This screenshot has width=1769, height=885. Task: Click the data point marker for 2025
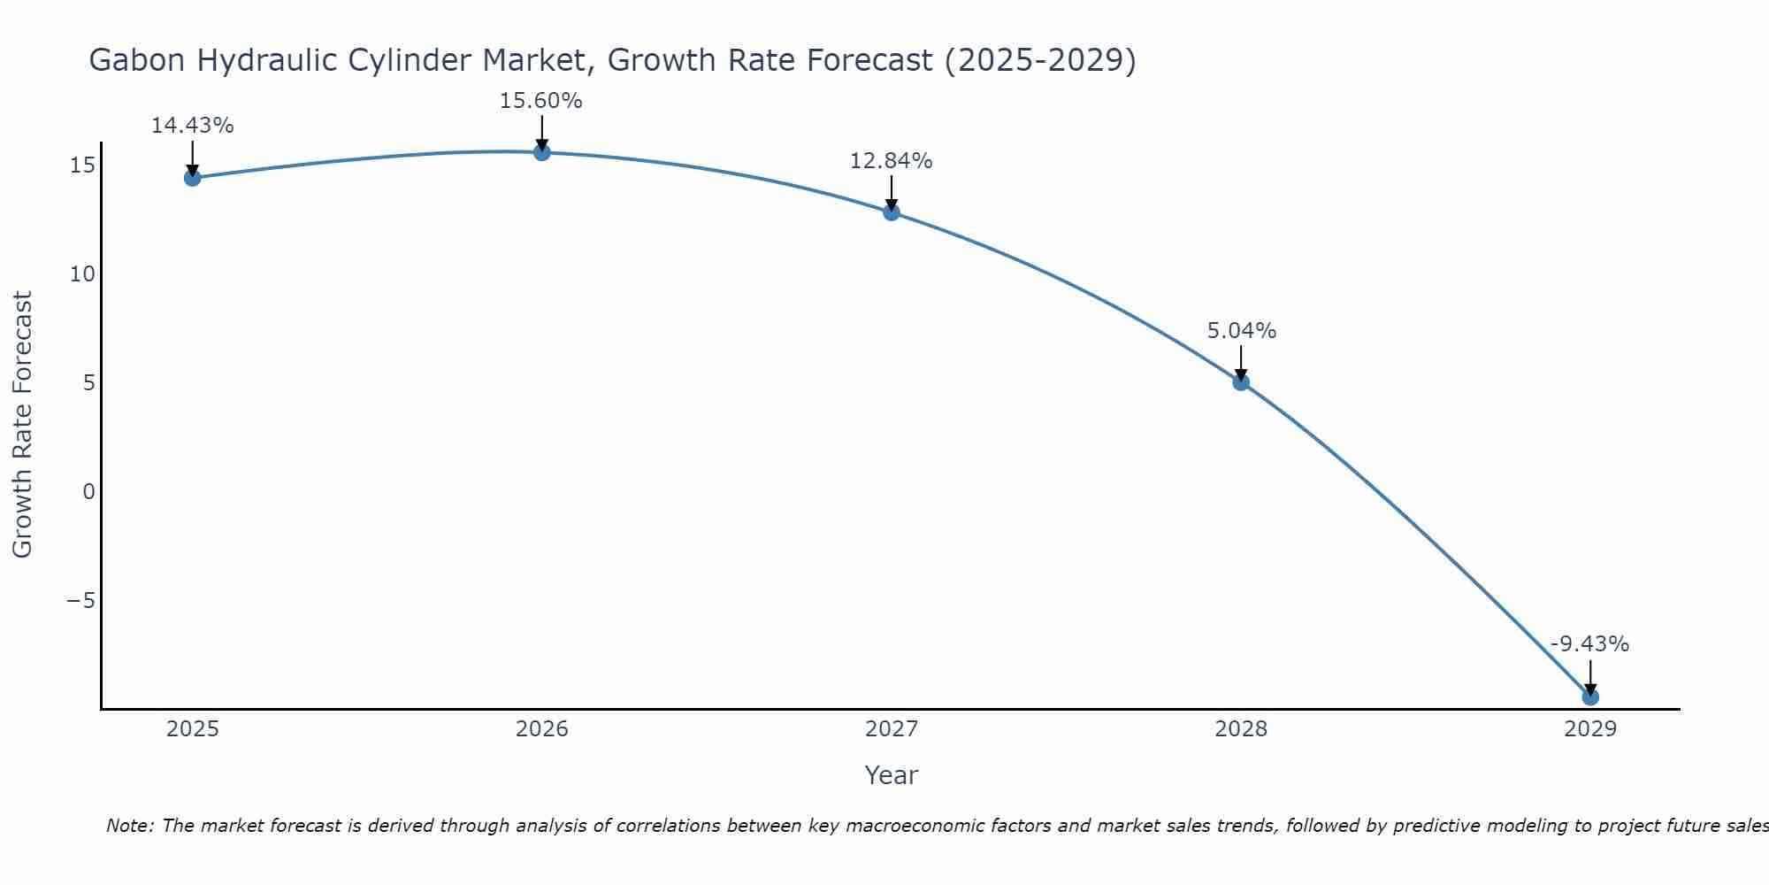click(x=192, y=178)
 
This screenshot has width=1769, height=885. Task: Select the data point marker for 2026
click(x=542, y=152)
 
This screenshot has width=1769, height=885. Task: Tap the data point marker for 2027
click(x=892, y=212)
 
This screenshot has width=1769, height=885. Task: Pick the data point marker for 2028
click(x=1241, y=382)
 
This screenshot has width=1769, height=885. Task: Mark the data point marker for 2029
click(x=1590, y=697)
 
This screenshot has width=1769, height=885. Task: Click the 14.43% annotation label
click(x=192, y=126)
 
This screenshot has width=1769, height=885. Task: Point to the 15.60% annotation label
click(x=541, y=101)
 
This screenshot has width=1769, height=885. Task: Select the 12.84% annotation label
click(x=892, y=161)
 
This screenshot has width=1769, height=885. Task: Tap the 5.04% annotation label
click(x=1242, y=331)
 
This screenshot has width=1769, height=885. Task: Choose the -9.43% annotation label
click(x=1589, y=644)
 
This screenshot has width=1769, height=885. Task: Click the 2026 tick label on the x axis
click(x=542, y=729)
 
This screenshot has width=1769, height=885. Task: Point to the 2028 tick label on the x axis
click(x=1241, y=729)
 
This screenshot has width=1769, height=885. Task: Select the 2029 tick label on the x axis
click(x=1590, y=729)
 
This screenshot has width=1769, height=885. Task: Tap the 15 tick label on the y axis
click(x=82, y=165)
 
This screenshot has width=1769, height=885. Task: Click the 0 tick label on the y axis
click(x=88, y=491)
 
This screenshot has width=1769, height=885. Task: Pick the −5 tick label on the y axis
click(x=80, y=601)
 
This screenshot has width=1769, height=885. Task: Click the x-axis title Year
click(x=892, y=775)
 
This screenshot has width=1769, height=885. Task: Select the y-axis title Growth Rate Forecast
click(x=22, y=425)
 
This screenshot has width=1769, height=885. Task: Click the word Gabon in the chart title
click(x=137, y=60)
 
